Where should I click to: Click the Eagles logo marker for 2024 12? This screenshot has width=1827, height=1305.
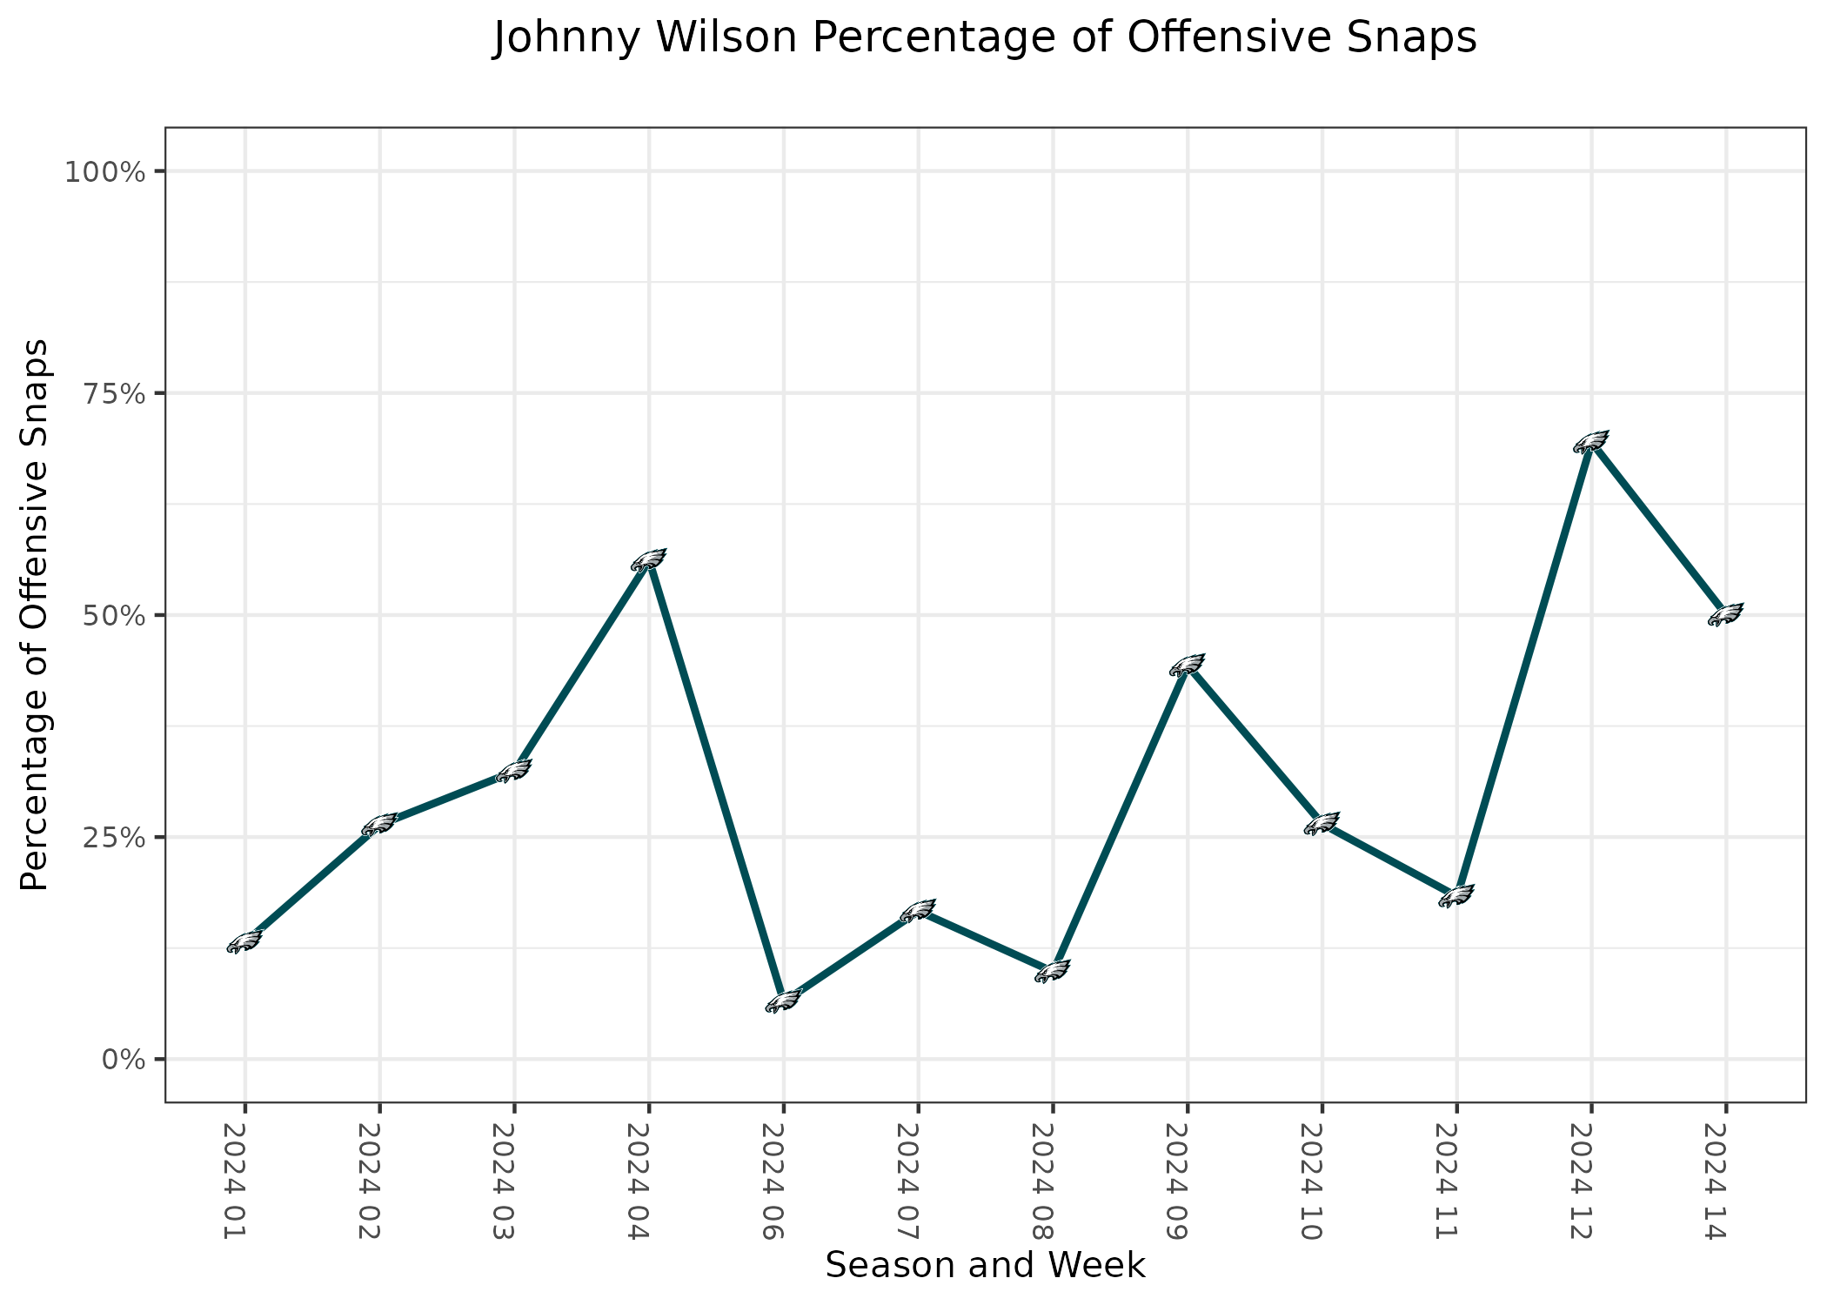pos(1591,442)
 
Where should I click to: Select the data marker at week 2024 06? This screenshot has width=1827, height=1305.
pos(783,1001)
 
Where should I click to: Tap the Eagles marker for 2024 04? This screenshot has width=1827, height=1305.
pos(648,560)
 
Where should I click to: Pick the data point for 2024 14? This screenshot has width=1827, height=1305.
pos(1726,614)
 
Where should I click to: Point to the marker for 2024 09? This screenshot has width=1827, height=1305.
pos(1188,666)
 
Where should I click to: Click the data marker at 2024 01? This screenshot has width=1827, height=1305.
pos(244,942)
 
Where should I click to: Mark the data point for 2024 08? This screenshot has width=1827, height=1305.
pos(1053,972)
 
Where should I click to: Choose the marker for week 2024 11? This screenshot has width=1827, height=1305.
pos(1456,896)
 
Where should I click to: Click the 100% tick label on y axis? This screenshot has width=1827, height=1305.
pos(104,171)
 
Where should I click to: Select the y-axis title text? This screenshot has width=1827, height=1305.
pos(35,615)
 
